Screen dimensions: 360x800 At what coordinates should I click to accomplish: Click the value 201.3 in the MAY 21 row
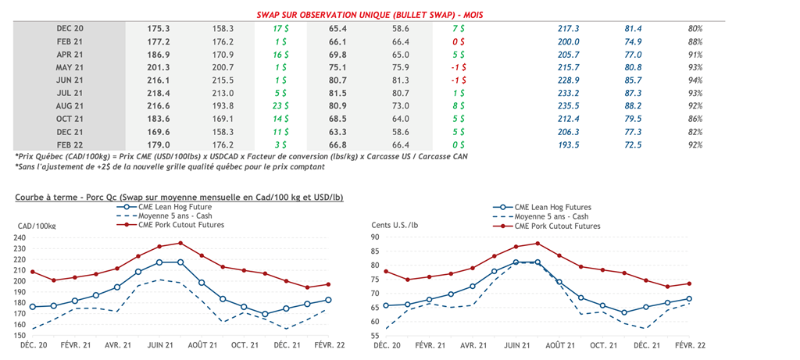point(159,67)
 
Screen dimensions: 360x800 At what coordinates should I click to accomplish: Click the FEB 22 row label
point(70,144)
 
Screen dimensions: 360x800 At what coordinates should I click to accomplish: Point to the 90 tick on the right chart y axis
point(374,237)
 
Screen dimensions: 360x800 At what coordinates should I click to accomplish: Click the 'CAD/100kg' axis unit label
point(36,226)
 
